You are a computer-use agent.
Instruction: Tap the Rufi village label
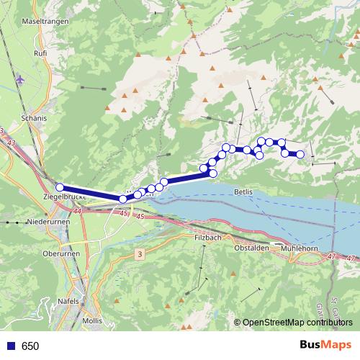coord(40,53)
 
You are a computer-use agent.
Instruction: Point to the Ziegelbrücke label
coord(66,196)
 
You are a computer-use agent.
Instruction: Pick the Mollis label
coord(92,320)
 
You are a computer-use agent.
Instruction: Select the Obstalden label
coord(251,248)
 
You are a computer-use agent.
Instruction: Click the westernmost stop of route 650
coord(60,188)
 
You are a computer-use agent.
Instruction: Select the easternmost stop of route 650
coord(300,154)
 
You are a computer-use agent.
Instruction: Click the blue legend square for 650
coord(9,346)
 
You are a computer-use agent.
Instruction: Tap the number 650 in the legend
coord(30,346)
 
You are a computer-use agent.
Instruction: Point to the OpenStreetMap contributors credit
coord(297,323)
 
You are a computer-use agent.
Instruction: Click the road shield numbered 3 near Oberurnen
coord(139,254)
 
